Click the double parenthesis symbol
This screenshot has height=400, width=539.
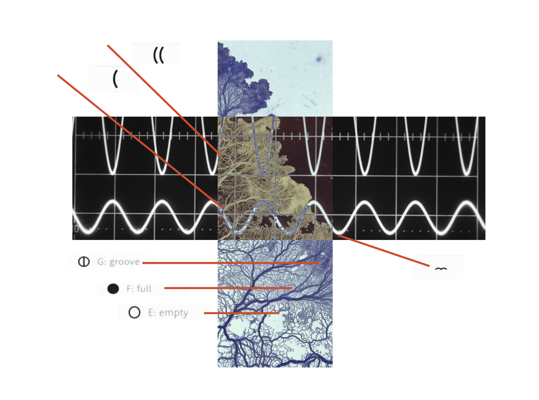[158, 55]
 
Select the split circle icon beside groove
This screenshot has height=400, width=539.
[84, 262]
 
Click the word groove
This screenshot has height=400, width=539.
[124, 262]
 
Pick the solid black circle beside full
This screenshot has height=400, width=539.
[113, 289]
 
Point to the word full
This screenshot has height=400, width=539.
[144, 289]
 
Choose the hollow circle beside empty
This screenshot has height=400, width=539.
[134, 312]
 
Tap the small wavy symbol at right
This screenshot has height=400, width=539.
[441, 269]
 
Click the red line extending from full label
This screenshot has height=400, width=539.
[228, 288]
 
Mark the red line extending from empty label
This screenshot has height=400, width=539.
[242, 313]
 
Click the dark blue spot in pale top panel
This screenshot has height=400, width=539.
[318, 59]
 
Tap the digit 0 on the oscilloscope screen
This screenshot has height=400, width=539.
[76, 229]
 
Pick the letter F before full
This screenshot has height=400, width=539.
[129, 289]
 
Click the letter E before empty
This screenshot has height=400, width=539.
[151, 312]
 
